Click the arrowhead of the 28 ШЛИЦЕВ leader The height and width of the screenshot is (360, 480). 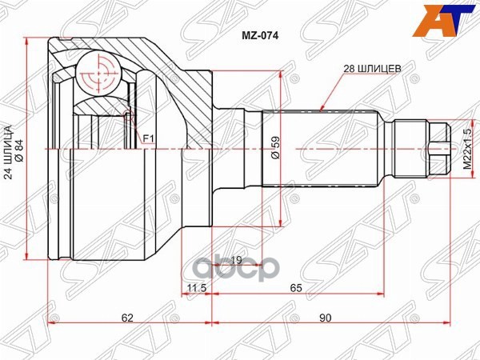320,107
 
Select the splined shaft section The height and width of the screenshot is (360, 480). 320,148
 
